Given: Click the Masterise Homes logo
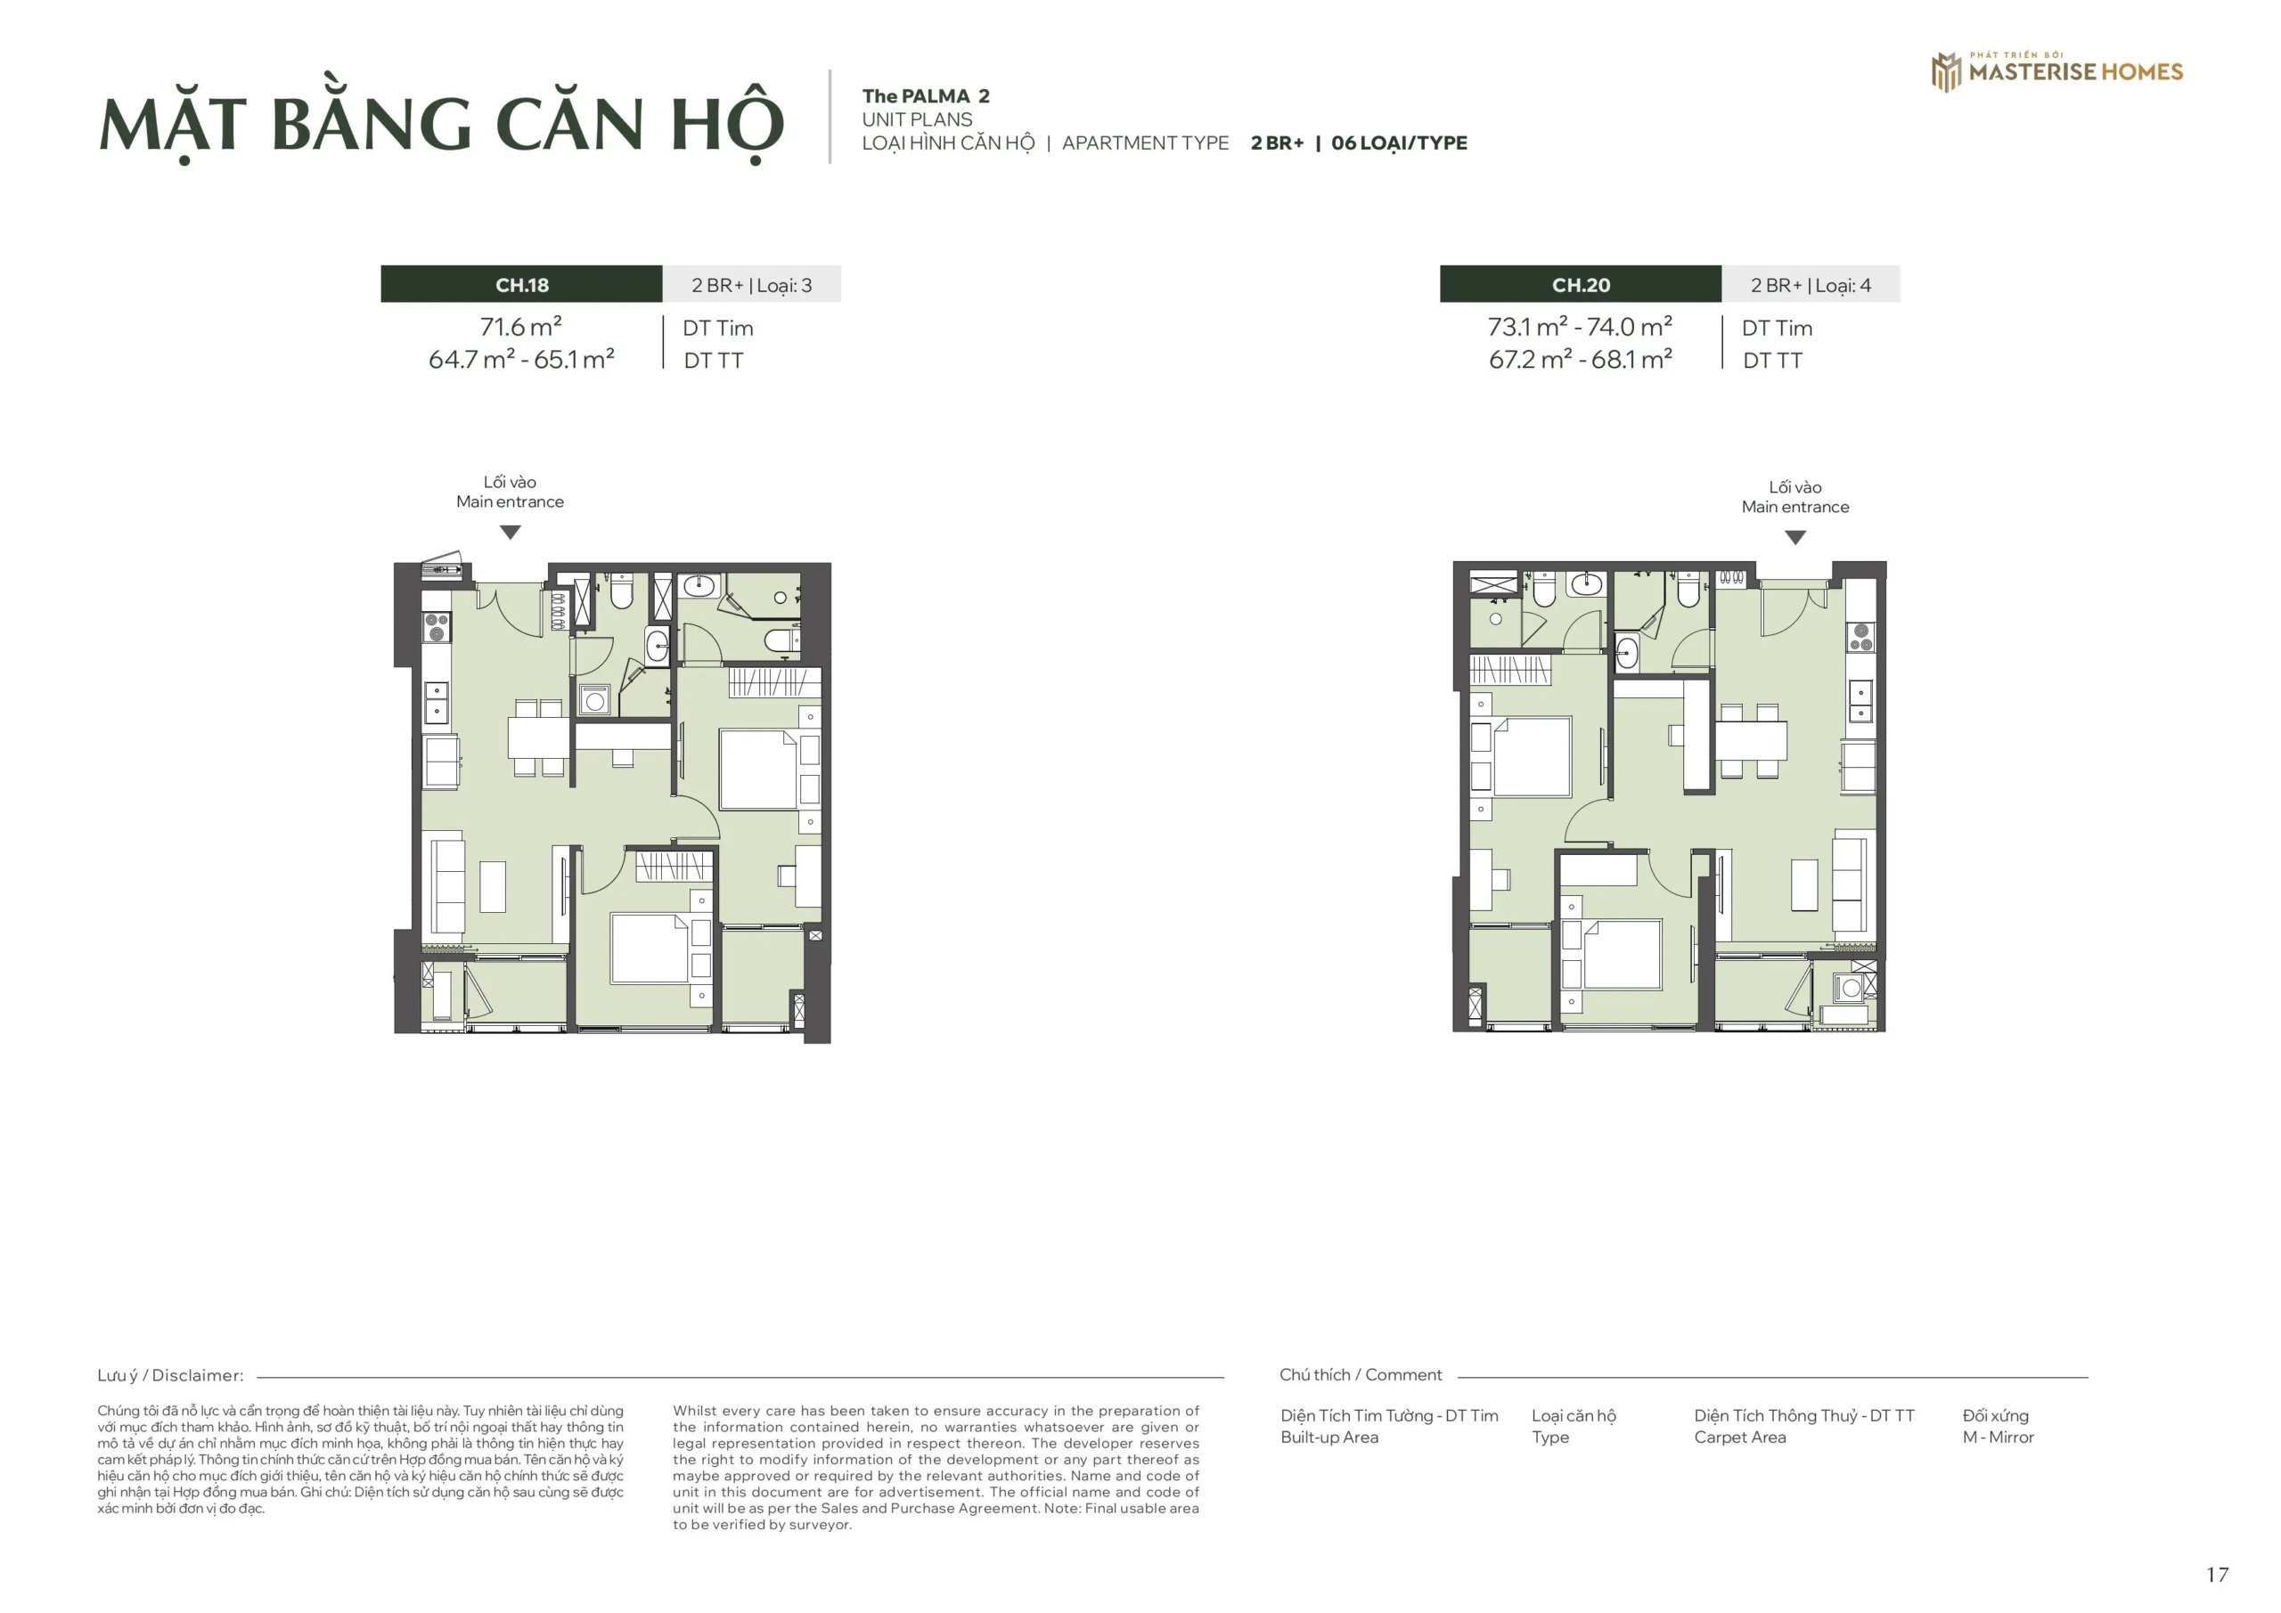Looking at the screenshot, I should (2056, 70).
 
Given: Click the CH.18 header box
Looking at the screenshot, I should (521, 284).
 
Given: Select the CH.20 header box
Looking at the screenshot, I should (1580, 284).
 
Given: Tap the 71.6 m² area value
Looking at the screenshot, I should (520, 326).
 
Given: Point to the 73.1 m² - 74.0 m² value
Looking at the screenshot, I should (1580, 326).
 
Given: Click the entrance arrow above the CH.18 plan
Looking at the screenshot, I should (510, 533).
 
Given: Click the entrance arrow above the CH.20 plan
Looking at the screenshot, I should (1795, 537).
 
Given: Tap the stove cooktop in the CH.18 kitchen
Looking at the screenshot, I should (436, 627).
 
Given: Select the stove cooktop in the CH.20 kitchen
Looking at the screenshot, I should (1860, 638).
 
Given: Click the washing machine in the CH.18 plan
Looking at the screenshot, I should (594, 700).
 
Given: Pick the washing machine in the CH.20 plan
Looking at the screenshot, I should (1850, 989).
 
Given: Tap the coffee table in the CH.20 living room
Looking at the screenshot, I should (1804, 884).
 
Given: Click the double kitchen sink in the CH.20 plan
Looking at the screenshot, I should (1860, 701).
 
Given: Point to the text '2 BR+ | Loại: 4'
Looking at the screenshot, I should (1810, 285).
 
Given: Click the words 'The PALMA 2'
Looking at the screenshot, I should (925, 96).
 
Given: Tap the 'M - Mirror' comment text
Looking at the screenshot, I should (1998, 1438).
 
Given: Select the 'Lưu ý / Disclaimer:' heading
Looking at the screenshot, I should (170, 1375).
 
